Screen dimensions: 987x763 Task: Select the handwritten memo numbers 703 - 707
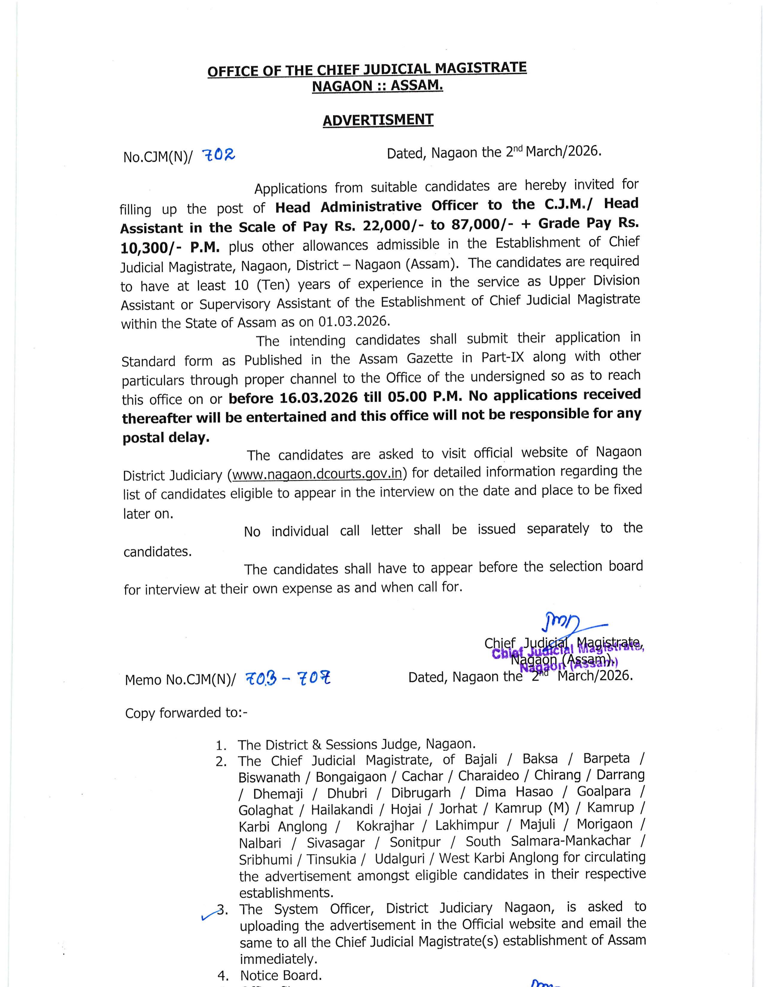(288, 678)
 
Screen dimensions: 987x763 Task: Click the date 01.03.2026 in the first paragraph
(353, 321)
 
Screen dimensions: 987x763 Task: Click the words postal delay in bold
(166, 437)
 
